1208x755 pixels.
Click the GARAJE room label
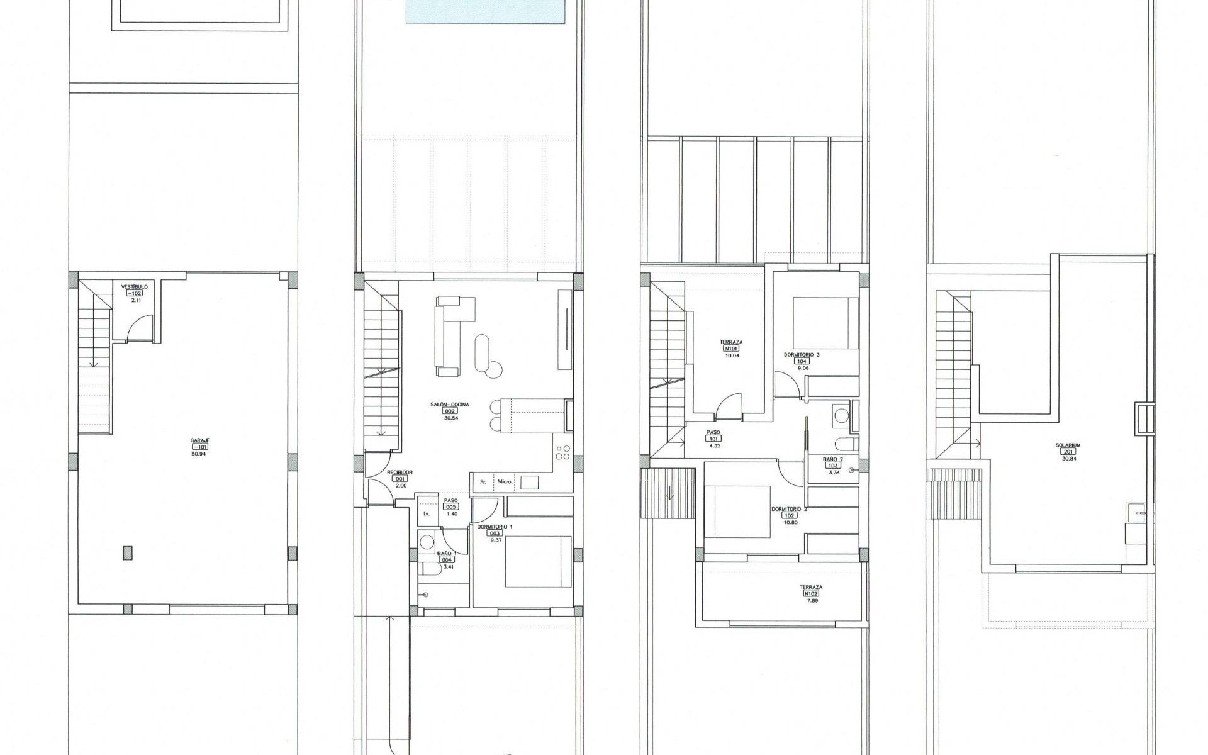pyautogui.click(x=200, y=440)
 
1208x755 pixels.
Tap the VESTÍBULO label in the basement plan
pyautogui.click(x=135, y=286)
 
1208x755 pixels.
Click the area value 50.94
pyautogui.click(x=199, y=453)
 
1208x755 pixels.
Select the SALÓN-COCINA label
pyautogui.click(x=450, y=405)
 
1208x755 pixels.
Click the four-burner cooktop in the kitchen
pyautogui.click(x=563, y=453)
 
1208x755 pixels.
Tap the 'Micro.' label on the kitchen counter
pyautogui.click(x=505, y=483)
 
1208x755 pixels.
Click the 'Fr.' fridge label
pyautogui.click(x=483, y=483)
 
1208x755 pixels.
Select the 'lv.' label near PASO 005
pyautogui.click(x=426, y=513)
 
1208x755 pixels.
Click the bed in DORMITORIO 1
pyautogui.click(x=538, y=561)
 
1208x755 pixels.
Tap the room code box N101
pyautogui.click(x=731, y=349)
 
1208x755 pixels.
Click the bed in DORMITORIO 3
pyautogui.click(x=825, y=322)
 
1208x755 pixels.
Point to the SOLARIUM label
pyautogui.click(x=1068, y=445)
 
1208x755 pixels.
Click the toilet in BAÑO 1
pyautogui.click(x=432, y=569)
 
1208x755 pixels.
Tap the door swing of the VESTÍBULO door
pyautogui.click(x=137, y=327)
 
